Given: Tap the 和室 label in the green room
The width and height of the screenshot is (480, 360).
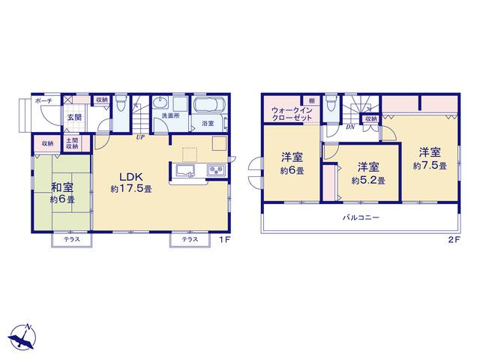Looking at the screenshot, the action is point(62,187).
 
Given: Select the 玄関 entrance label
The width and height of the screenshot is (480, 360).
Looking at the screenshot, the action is point(75,117).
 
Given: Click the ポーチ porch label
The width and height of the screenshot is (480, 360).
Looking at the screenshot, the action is point(43,100).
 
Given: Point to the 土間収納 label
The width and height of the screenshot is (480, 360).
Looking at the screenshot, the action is point(73,143).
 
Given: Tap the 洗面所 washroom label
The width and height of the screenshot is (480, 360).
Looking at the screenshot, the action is point(170,116).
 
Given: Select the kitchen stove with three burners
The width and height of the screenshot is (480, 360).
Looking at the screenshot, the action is point(217,170).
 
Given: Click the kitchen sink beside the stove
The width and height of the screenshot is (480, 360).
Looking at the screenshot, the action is point(185,170).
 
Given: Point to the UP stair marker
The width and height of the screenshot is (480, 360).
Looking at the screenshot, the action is point(140,137).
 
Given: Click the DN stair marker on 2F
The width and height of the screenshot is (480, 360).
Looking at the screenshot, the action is point(350,127).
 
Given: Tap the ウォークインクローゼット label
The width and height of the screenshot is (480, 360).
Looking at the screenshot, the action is point(292,114).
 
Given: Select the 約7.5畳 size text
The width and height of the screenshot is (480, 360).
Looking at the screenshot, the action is point(430,166).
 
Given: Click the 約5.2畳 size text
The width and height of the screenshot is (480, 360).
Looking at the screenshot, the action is point(368,181).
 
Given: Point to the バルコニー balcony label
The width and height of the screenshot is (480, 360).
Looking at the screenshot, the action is point(361,217).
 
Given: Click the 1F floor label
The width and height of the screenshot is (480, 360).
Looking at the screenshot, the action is point(224,240).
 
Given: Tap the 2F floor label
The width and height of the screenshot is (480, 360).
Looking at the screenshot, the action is point(454,240).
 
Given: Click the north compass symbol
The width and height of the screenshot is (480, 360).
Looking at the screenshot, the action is point(22,337).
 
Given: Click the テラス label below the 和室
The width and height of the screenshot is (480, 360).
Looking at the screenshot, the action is point(72,240).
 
